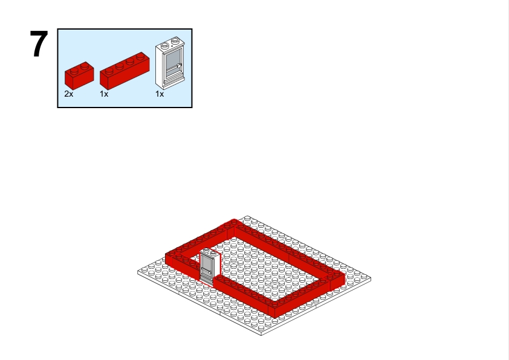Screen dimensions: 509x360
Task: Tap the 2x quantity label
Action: tap(69, 94)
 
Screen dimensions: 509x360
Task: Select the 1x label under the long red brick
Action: tap(104, 94)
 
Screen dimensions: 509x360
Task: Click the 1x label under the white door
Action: tap(160, 94)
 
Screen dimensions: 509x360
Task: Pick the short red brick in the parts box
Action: tap(79, 76)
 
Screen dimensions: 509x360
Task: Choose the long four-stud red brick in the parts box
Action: tap(125, 71)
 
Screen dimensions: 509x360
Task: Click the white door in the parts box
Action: tap(170, 63)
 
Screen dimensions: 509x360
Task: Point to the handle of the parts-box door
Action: tap(178, 66)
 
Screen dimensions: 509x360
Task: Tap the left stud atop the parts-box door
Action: tap(165, 46)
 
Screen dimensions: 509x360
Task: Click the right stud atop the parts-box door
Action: tap(175, 40)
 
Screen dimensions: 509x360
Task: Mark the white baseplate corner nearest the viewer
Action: tap(261, 335)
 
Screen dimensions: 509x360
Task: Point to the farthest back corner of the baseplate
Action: tap(247, 216)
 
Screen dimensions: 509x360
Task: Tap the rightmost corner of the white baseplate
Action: tap(371, 278)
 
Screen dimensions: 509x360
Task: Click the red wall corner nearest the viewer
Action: tap(275, 318)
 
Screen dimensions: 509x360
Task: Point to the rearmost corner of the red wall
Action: tap(234, 220)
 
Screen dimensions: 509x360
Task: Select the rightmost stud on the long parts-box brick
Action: tap(140, 56)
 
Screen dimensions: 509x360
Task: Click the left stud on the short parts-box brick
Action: tap(74, 69)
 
